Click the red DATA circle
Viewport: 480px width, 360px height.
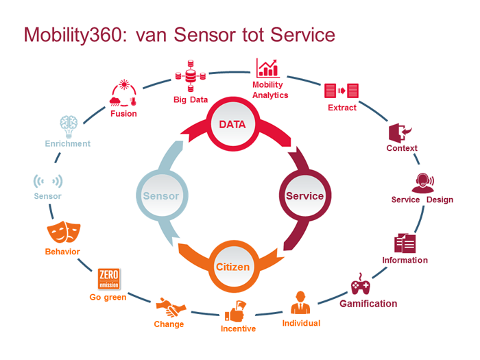click(x=232, y=125)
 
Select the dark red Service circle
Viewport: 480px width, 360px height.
click(x=304, y=195)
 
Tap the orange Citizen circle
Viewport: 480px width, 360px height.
click(x=233, y=265)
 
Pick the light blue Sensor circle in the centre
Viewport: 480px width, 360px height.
click(x=160, y=195)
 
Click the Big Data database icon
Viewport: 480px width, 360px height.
click(x=190, y=75)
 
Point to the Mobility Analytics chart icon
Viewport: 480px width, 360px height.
click(x=267, y=69)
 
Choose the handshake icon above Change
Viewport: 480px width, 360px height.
click(x=168, y=307)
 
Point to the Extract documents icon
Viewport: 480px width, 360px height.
click(x=341, y=91)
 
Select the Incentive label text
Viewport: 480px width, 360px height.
click(x=238, y=328)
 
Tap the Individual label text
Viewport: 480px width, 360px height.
click(x=301, y=323)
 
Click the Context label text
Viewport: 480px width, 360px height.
click(x=402, y=148)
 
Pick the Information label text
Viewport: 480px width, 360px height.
click(x=405, y=260)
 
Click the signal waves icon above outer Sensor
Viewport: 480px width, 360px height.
click(x=48, y=181)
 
